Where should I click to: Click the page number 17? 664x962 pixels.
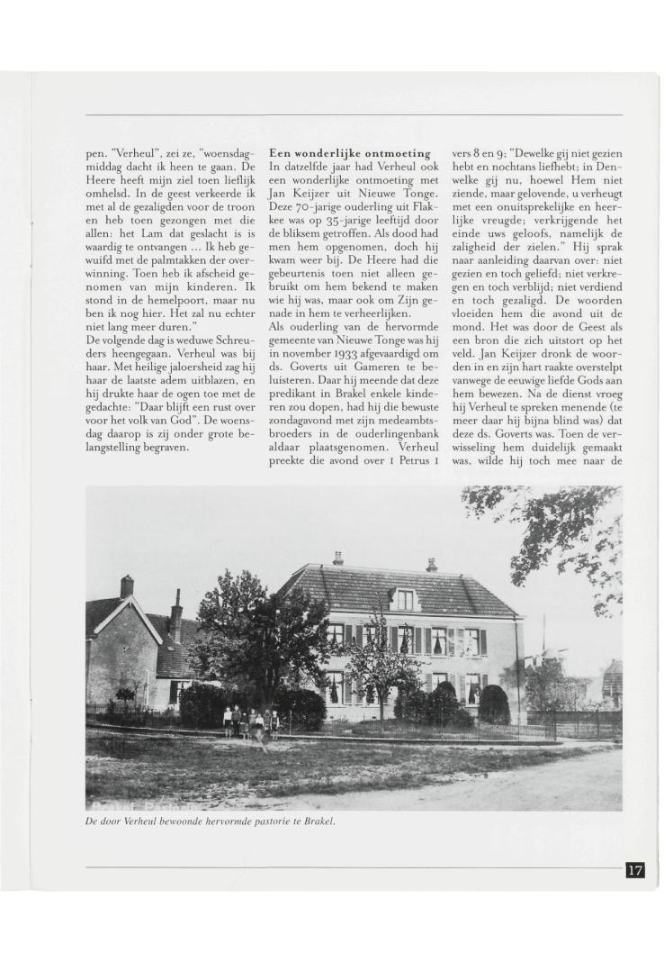coord(635,870)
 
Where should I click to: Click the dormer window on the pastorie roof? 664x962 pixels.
coord(405,598)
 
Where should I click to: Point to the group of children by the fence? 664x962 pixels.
coord(251,721)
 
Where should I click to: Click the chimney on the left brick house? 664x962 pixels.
coord(127,586)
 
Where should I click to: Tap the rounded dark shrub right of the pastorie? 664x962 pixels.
coord(493,703)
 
